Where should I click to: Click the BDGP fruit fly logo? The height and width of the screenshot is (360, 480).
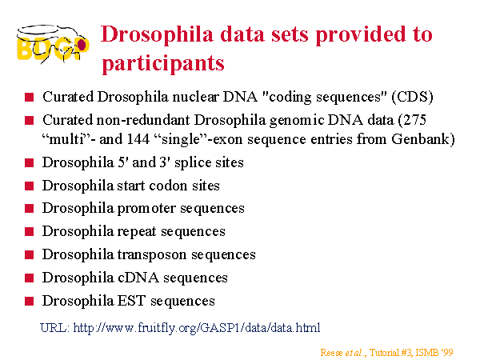(x=53, y=44)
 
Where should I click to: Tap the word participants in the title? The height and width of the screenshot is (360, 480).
(x=163, y=63)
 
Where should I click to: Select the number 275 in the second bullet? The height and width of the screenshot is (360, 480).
(x=414, y=120)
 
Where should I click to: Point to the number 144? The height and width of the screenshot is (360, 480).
(x=138, y=139)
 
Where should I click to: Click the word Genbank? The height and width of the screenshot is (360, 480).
(x=422, y=139)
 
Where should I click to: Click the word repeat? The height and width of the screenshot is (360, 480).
(x=137, y=232)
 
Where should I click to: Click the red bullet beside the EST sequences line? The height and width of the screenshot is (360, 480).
(x=29, y=302)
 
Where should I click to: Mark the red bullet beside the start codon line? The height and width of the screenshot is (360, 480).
(x=29, y=186)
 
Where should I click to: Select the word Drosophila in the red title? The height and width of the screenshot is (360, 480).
(x=157, y=35)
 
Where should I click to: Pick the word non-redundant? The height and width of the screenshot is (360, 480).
(x=143, y=120)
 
